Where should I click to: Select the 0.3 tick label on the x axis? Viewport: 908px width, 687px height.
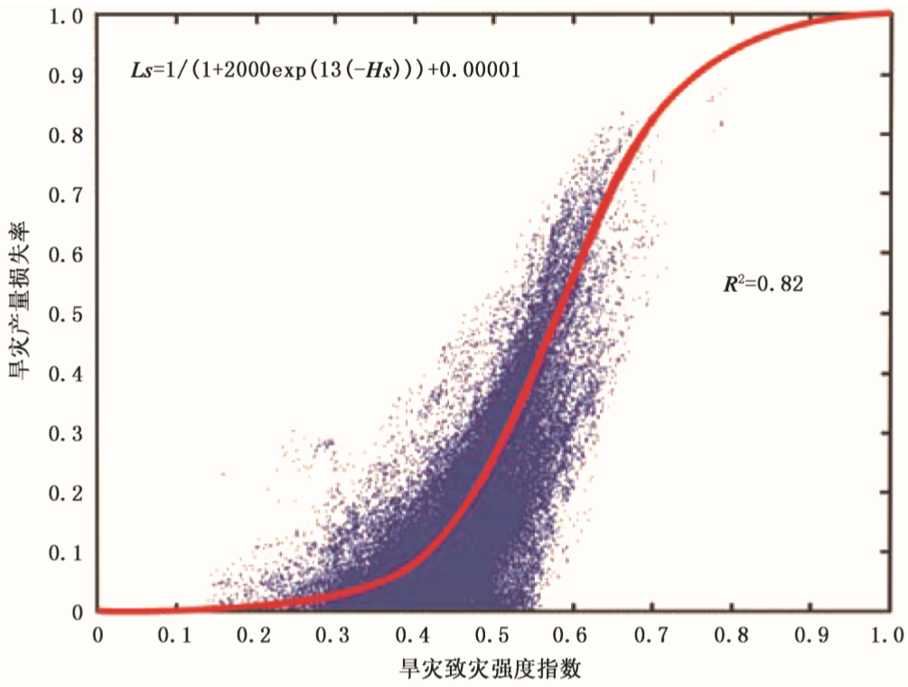click(334, 634)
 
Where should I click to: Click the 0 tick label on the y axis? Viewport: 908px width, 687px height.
click(79, 612)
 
